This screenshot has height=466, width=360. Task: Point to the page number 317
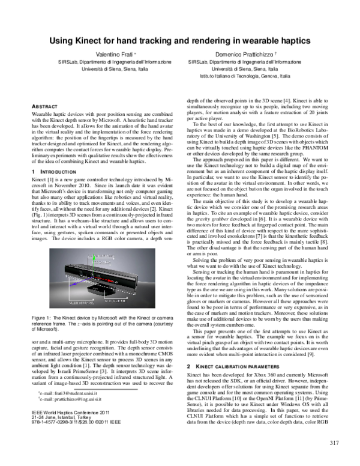(x=335, y=443)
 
